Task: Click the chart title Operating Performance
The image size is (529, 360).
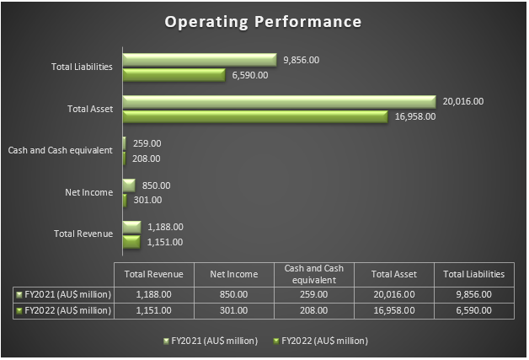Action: click(x=264, y=20)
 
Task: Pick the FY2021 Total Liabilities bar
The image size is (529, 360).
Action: click(x=200, y=60)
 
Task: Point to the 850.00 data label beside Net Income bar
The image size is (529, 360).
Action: click(x=156, y=185)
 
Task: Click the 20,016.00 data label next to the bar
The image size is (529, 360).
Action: click(x=462, y=102)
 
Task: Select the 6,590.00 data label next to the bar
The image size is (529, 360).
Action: click(x=249, y=75)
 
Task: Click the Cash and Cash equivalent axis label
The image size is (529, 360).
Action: click(x=61, y=150)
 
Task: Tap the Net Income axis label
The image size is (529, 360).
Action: click(x=88, y=192)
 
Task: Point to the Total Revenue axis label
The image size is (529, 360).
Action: click(x=83, y=234)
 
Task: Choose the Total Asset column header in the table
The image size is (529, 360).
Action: click(x=393, y=274)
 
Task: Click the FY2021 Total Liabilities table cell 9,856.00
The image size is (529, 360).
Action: click(x=473, y=294)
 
